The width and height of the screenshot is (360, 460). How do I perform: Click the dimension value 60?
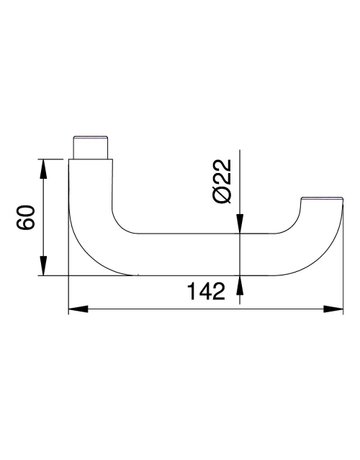(25, 218)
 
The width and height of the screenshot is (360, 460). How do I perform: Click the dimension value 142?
(206, 291)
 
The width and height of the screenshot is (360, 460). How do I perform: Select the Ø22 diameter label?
(222, 181)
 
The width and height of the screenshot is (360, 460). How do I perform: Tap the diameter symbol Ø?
(222, 195)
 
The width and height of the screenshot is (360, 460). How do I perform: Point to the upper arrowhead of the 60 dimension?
(43, 169)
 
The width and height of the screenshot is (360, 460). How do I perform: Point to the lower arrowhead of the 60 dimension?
(43, 265)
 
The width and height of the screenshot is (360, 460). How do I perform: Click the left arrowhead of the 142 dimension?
(78, 309)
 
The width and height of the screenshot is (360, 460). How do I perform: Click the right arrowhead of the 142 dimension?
(333, 309)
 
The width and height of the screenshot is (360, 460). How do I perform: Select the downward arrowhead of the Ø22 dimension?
(240, 224)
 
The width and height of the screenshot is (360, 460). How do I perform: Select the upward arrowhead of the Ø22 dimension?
(240, 286)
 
